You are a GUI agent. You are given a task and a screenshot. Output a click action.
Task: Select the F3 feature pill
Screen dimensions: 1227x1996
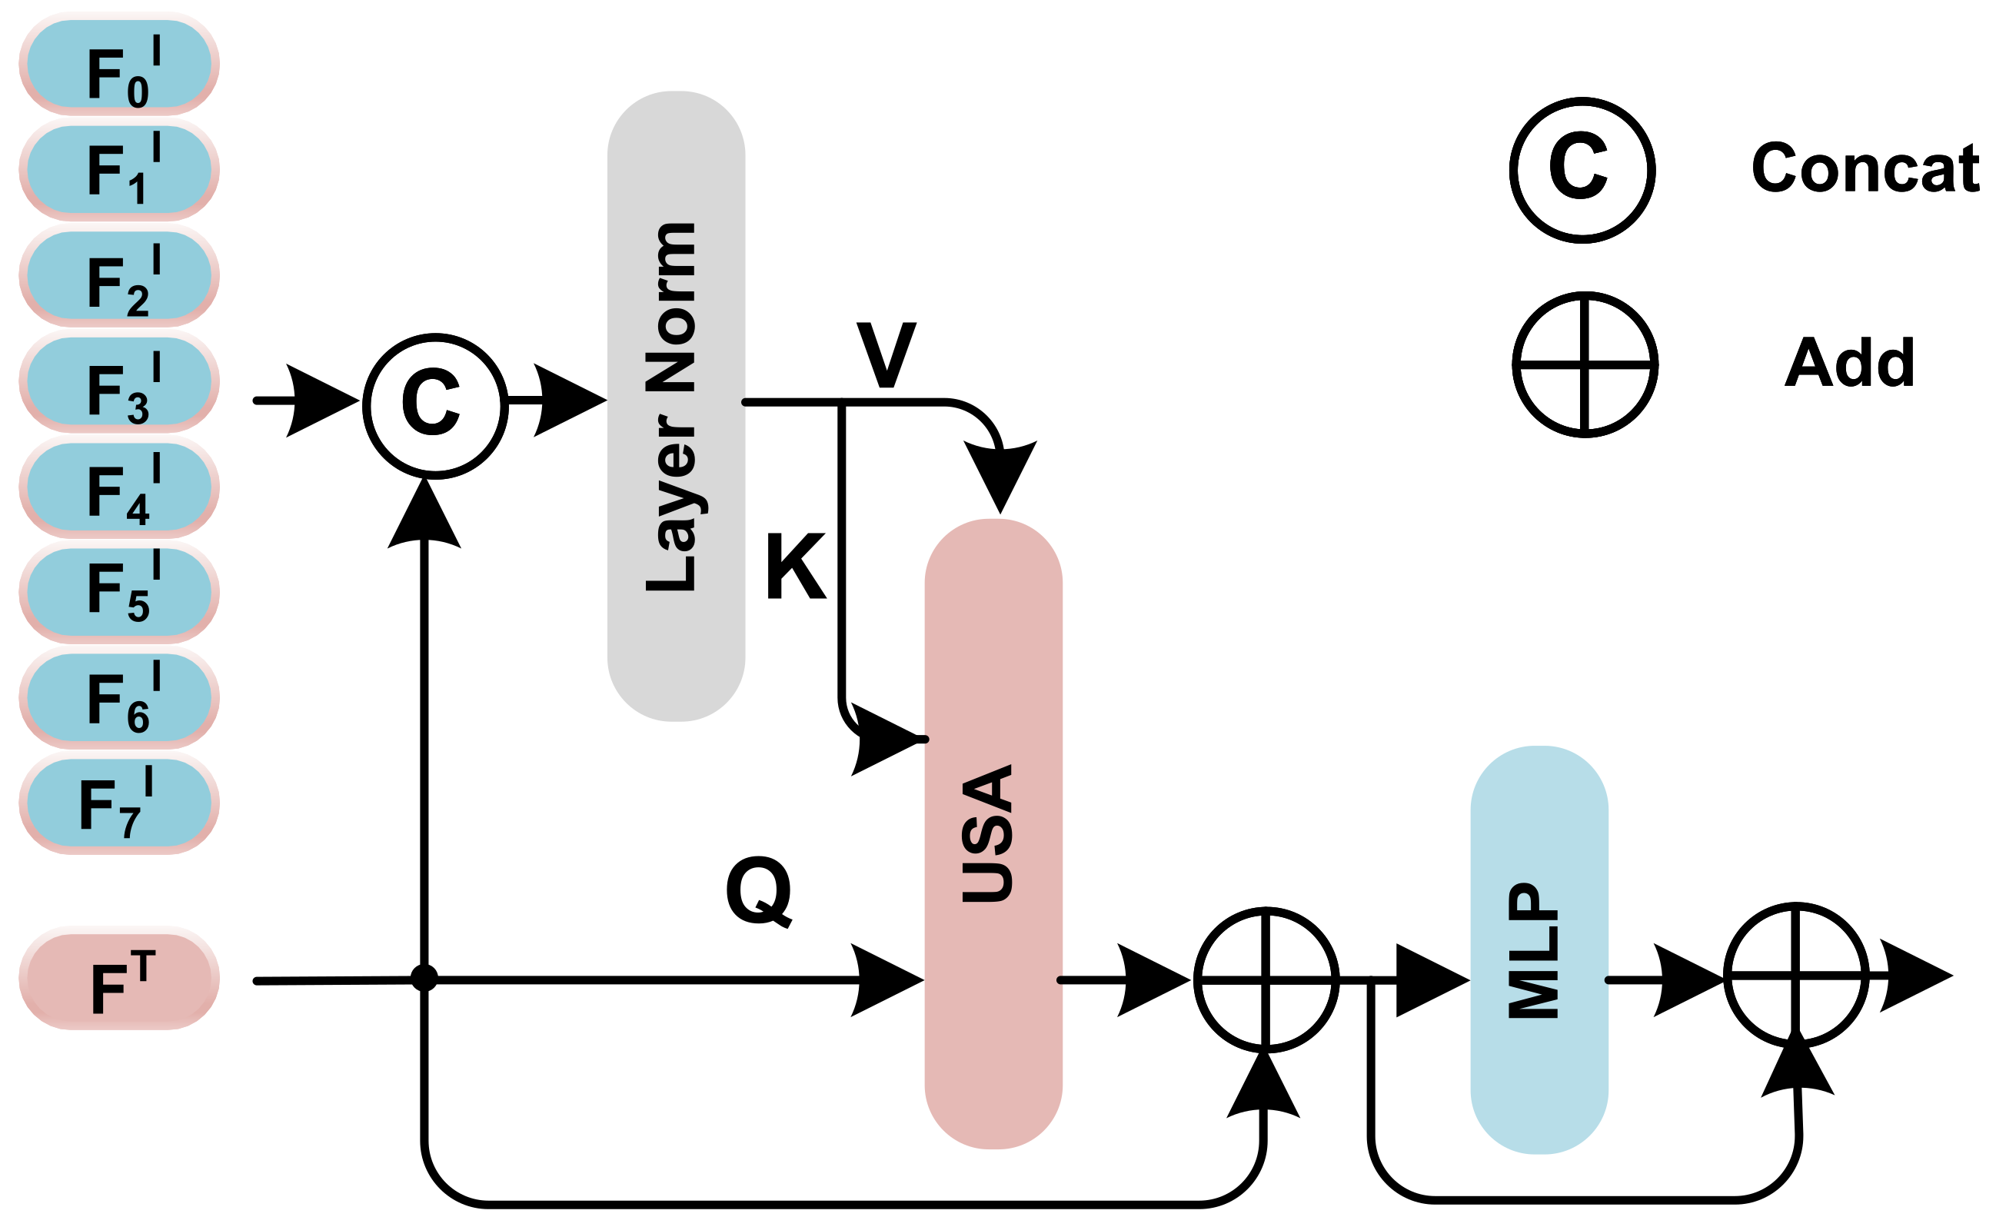click(119, 384)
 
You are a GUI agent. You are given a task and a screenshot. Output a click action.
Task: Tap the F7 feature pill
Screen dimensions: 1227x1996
click(119, 804)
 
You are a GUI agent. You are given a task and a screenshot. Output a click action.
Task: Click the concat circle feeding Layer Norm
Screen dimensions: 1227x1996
click(436, 406)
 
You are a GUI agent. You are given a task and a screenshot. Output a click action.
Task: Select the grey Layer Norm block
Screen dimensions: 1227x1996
click(676, 406)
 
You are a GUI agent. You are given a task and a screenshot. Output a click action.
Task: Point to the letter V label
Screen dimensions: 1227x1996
click(886, 354)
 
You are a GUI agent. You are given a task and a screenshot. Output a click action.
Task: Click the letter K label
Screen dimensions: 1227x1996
click(795, 567)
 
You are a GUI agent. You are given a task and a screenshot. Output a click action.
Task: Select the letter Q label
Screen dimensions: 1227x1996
click(759, 891)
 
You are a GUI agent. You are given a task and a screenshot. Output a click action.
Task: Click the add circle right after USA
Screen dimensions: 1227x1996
click(1266, 980)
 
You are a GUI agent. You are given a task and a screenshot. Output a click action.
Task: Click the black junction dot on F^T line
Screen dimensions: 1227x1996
click(424, 978)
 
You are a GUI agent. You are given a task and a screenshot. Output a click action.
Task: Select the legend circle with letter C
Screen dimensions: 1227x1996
click(1582, 170)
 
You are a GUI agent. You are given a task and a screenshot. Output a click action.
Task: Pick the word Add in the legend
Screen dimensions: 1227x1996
click(1850, 363)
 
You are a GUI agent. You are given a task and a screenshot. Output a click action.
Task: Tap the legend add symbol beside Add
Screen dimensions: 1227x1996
click(1585, 364)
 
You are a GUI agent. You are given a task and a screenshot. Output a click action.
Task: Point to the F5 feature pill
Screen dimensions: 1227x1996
click(119, 594)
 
